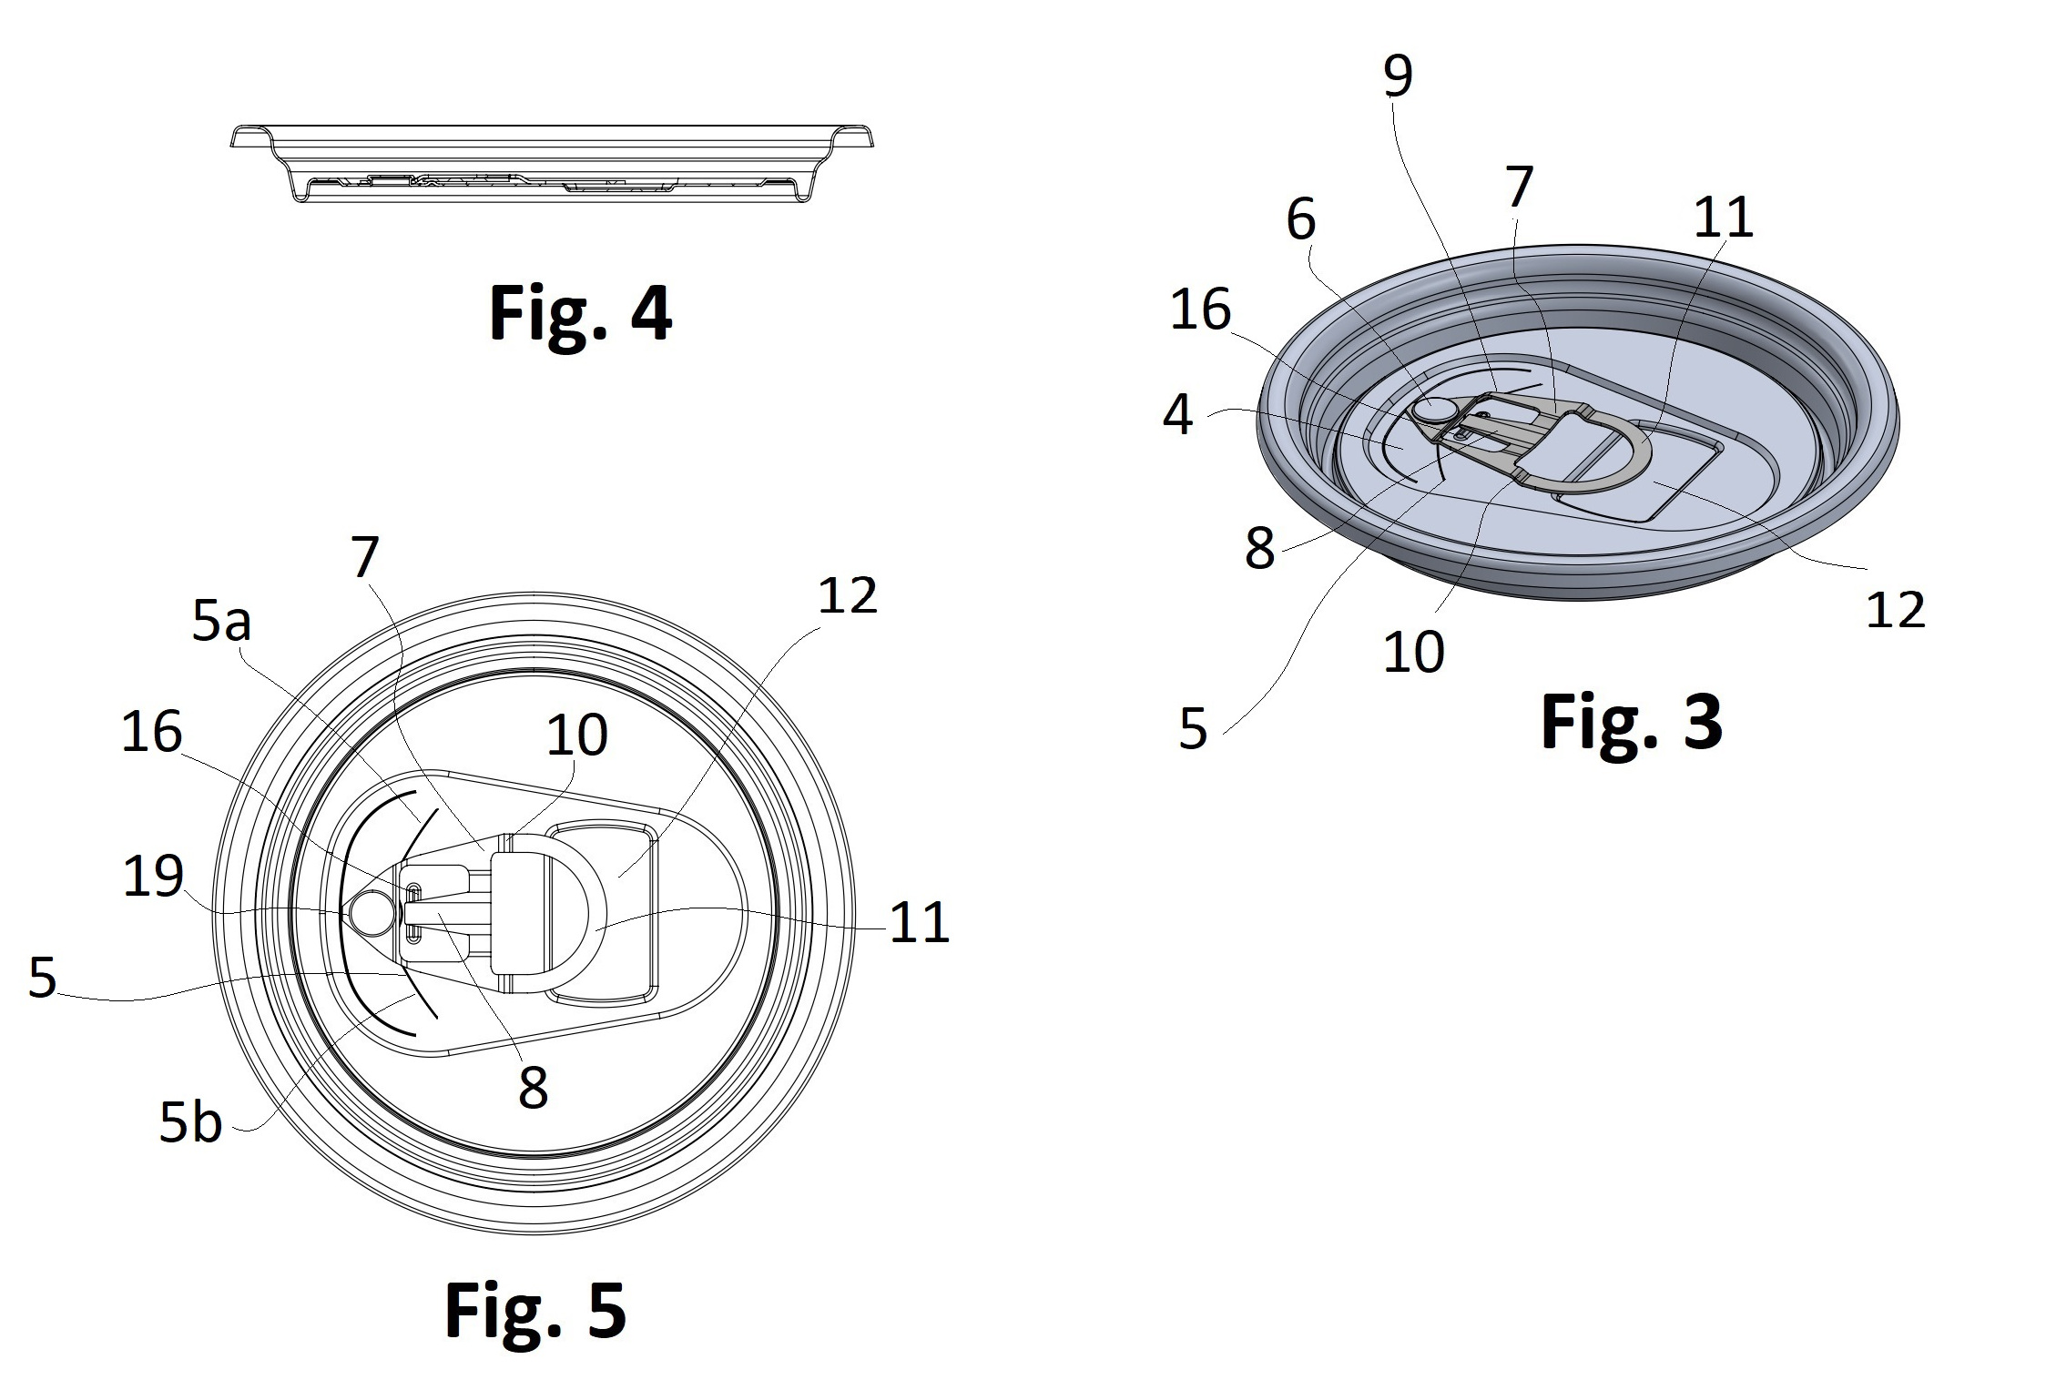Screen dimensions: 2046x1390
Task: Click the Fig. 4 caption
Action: tap(580, 312)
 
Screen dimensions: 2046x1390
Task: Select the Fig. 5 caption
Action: tap(535, 1310)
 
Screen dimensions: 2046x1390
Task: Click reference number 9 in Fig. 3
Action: tap(1398, 76)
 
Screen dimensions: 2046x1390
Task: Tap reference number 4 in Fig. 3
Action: tap(1178, 415)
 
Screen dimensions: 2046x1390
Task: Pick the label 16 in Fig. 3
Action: tap(1200, 309)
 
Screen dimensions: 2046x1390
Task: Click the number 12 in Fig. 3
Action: tap(1896, 610)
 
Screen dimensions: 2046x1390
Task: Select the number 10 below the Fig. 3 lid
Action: tap(1413, 652)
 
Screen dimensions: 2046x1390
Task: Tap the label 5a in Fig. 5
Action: tap(221, 623)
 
